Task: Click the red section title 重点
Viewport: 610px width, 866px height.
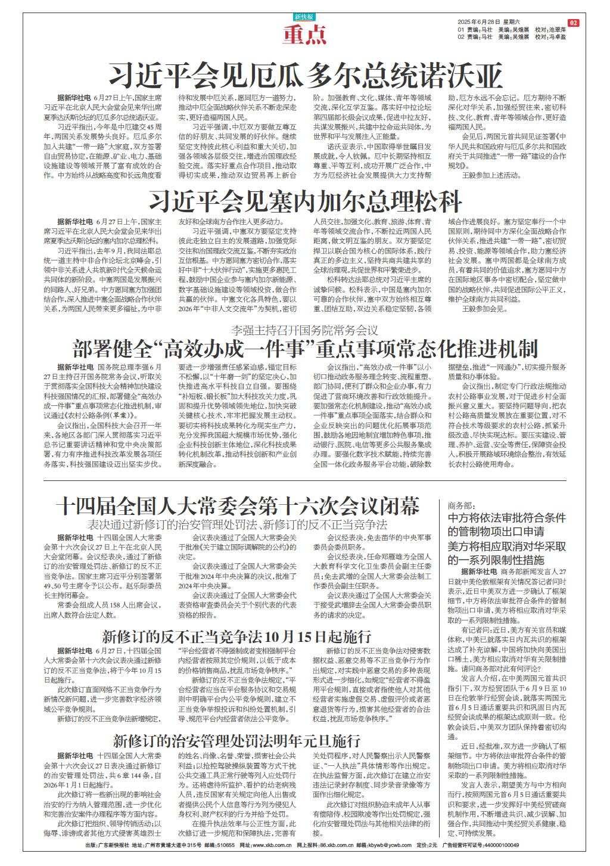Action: click(x=304, y=36)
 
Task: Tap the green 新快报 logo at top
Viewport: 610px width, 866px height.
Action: click(x=304, y=17)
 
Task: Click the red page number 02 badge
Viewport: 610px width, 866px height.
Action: click(x=573, y=23)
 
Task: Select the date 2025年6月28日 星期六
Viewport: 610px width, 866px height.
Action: click(x=487, y=23)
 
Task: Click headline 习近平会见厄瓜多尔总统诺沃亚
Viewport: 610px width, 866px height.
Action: click(x=305, y=76)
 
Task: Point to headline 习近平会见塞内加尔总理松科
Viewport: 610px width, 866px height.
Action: click(x=305, y=201)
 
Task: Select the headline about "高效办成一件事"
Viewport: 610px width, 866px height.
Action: click(x=305, y=347)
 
